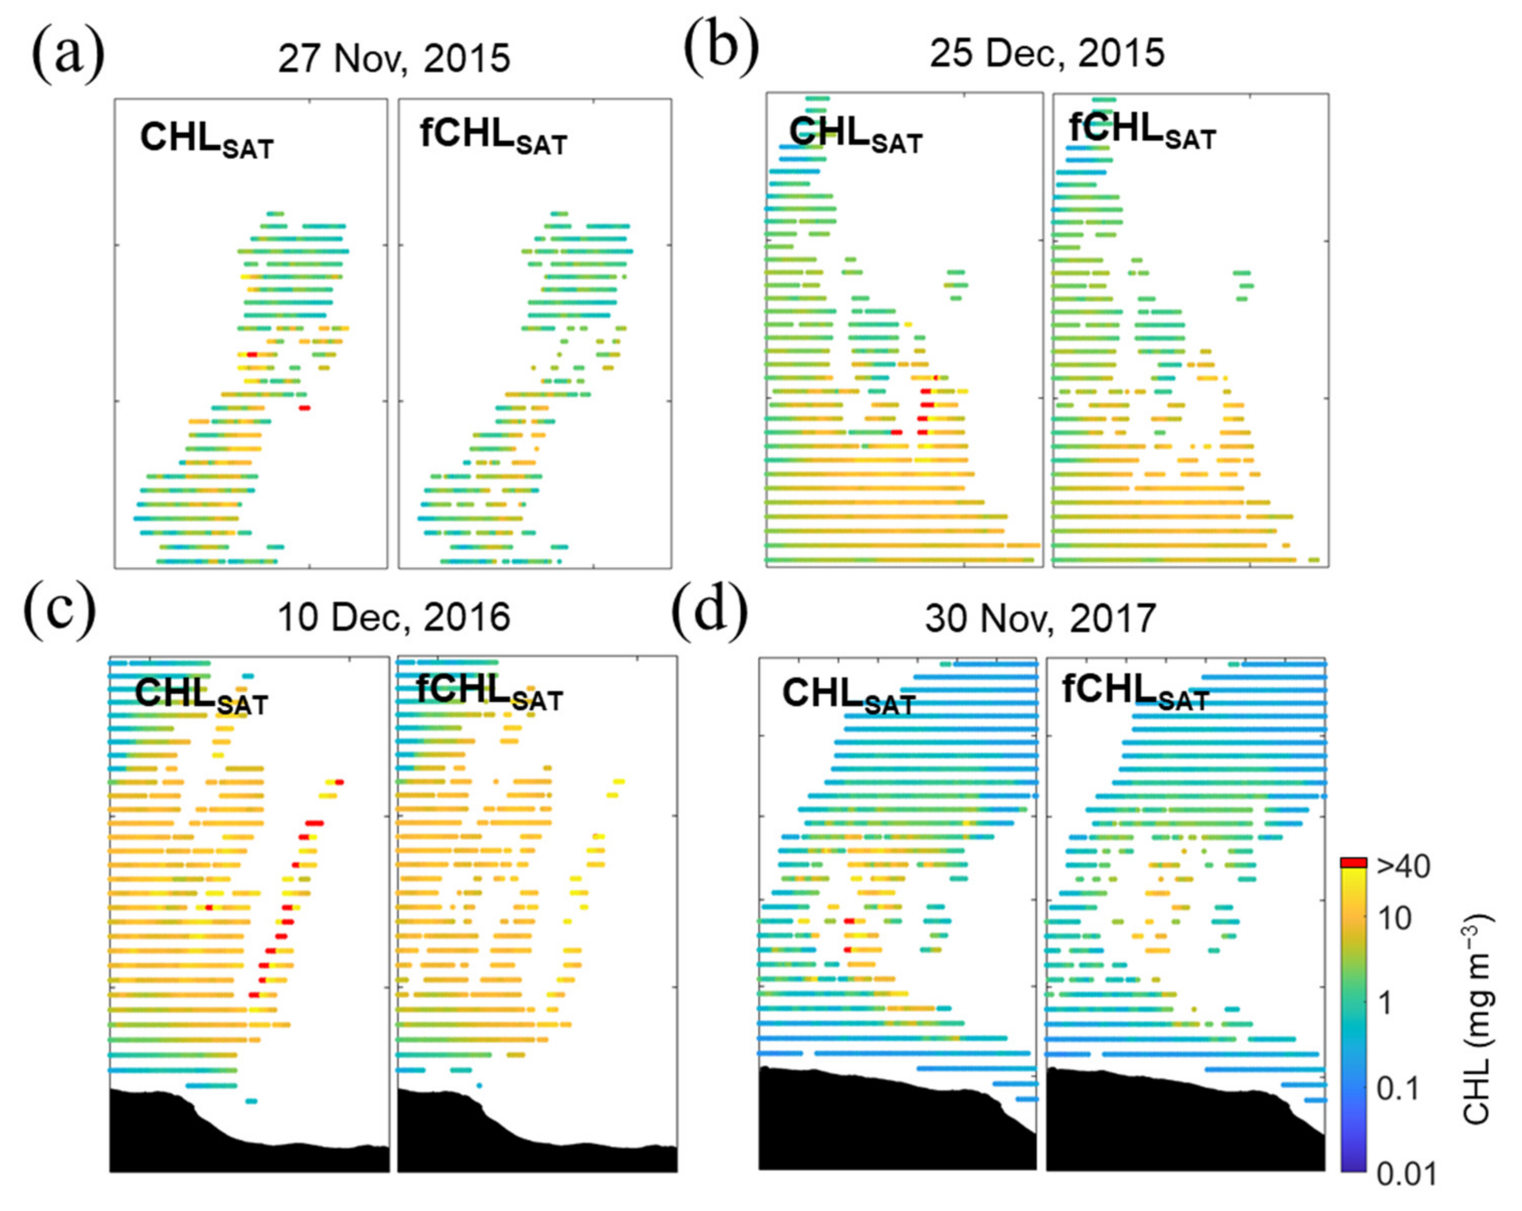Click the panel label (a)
click(x=68, y=56)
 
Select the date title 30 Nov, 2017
click(x=1040, y=619)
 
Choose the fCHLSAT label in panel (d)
click(x=1136, y=692)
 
